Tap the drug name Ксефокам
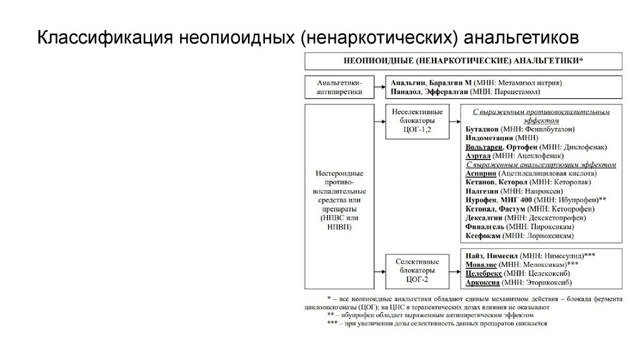(483, 236)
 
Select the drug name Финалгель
(485, 226)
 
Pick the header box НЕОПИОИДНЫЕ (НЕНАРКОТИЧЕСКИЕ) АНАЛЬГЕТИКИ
(462, 61)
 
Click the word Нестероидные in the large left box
(338, 173)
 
